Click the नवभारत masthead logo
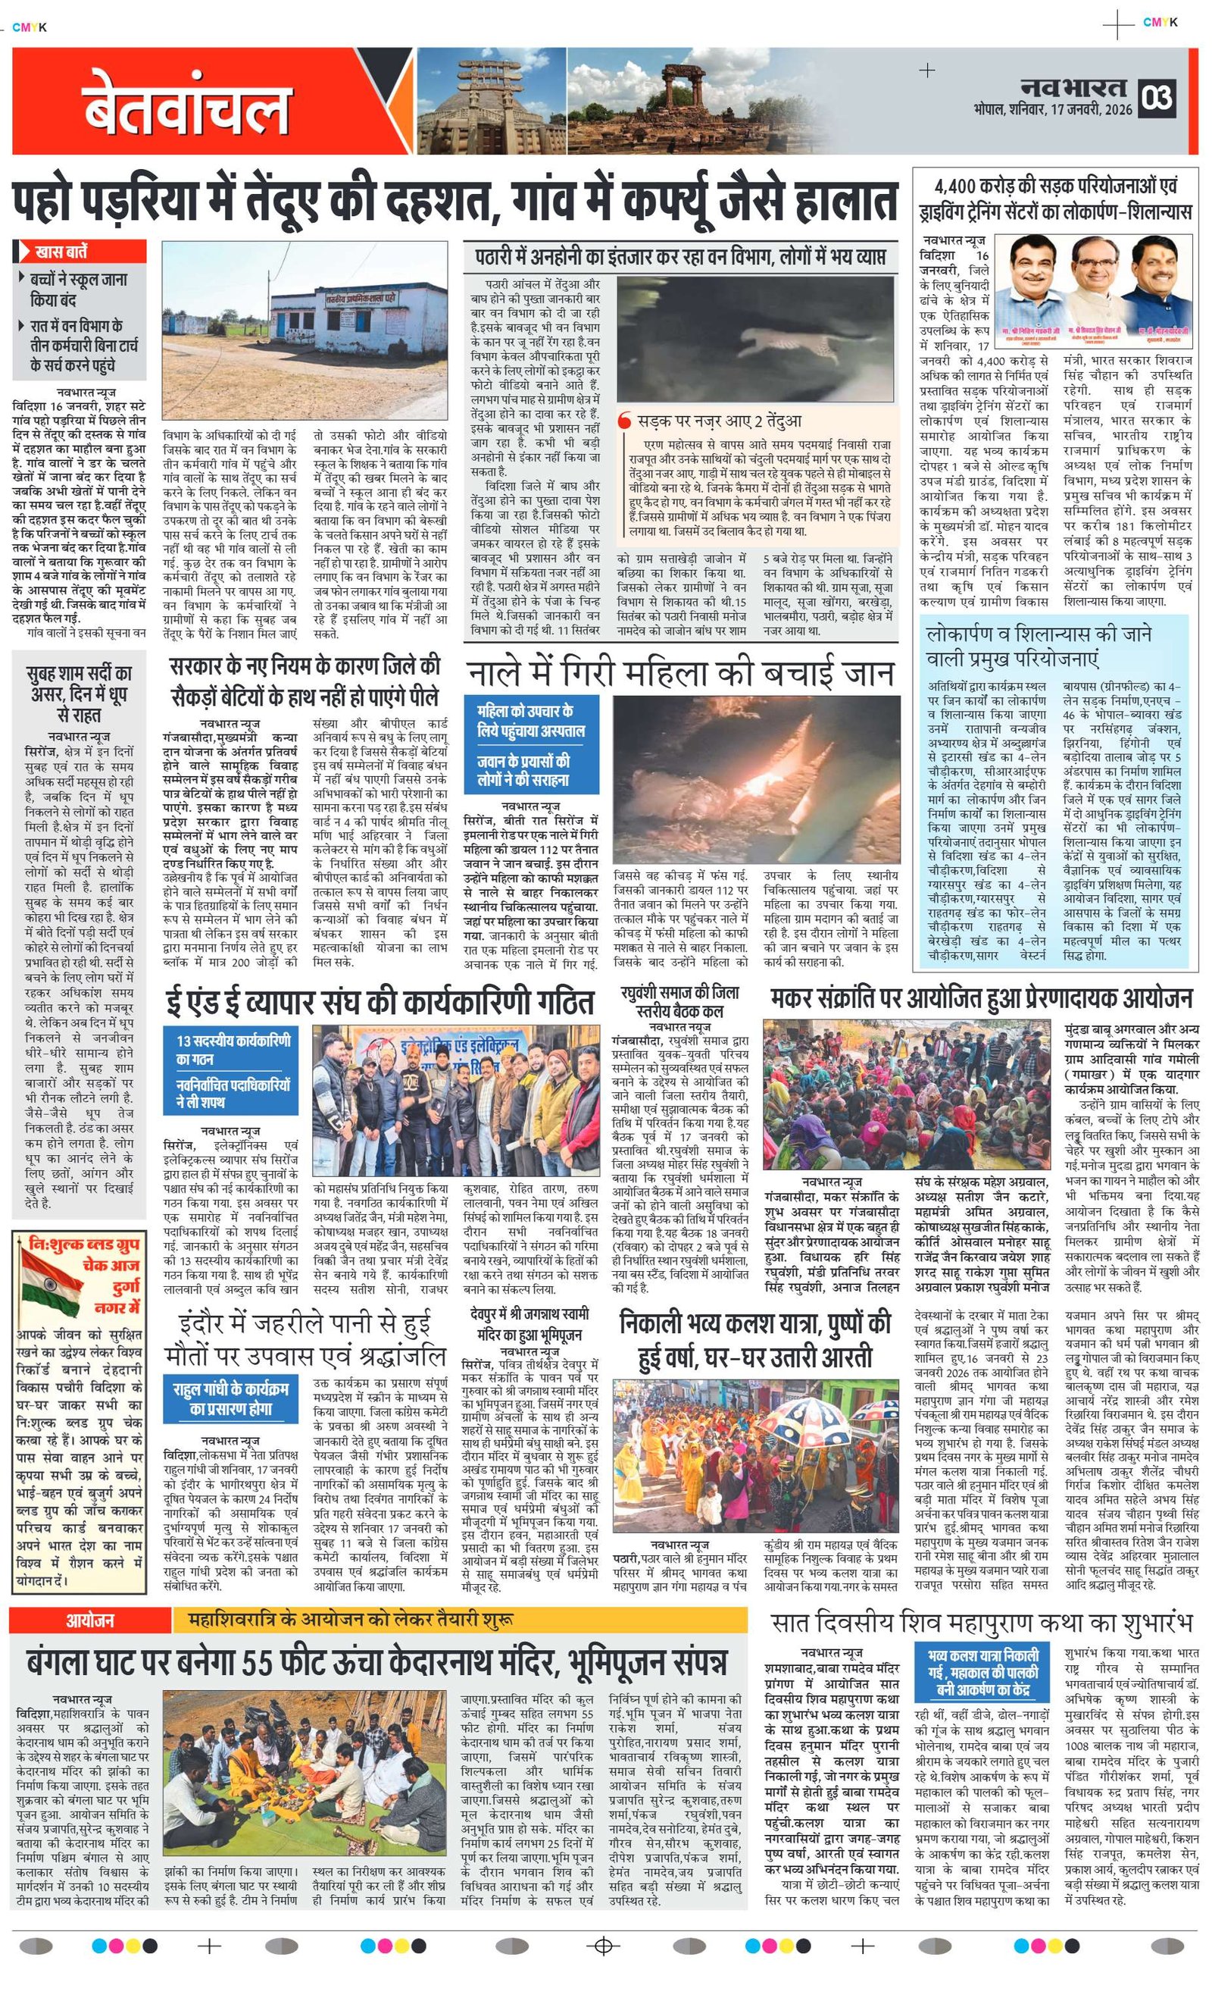[x=1074, y=88]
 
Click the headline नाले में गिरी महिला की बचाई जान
[x=680, y=673]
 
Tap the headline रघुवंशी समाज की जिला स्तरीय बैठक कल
[x=679, y=1001]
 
